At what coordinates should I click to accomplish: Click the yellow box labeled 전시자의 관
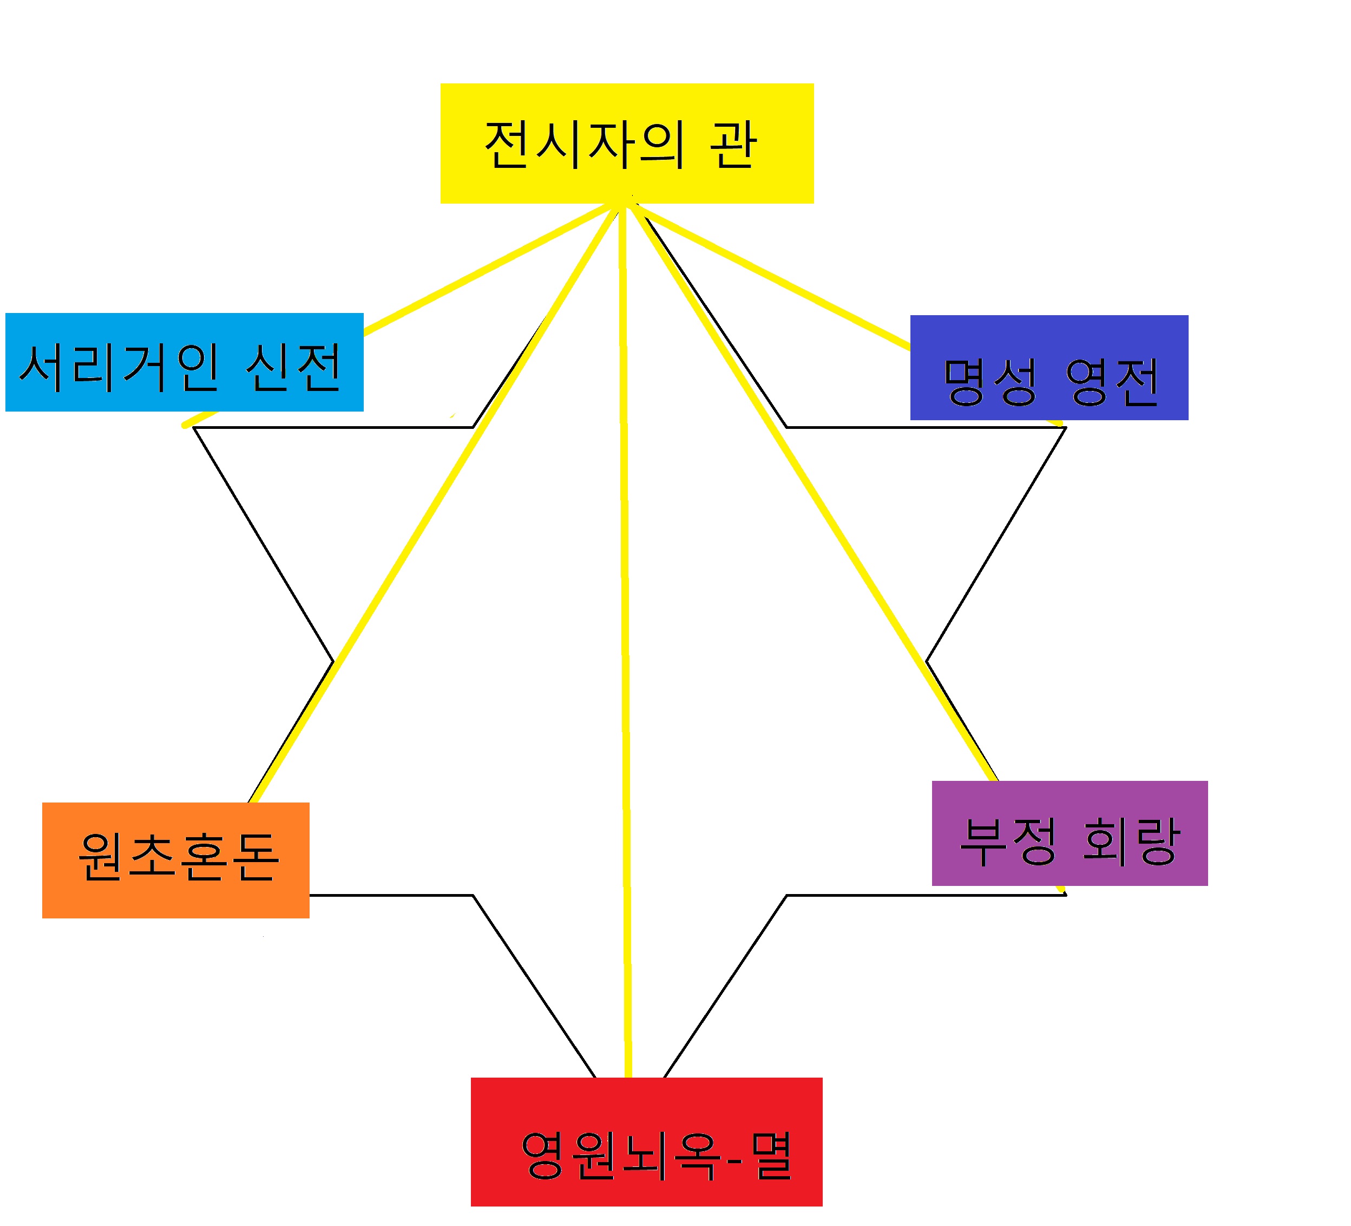[x=627, y=143]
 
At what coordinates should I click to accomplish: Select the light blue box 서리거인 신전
[x=184, y=362]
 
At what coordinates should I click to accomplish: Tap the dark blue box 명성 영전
[x=1049, y=367]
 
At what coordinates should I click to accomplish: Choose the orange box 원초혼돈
[x=175, y=860]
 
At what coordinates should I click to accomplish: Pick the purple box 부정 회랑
[x=1070, y=833]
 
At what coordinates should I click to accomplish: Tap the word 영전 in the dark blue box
[x=1112, y=382]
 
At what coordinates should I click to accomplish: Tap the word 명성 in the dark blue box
[x=991, y=382]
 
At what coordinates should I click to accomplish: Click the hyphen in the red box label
[x=734, y=1158]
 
